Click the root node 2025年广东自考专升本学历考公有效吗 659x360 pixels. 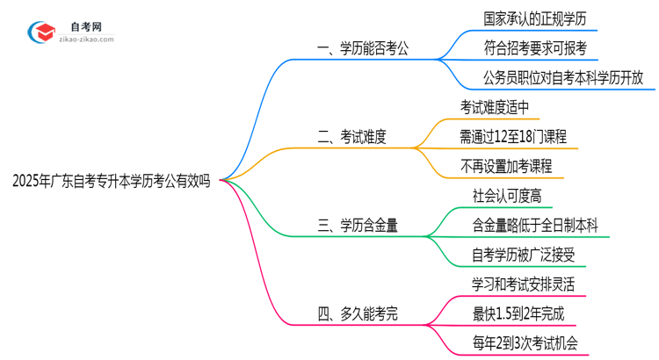(111, 182)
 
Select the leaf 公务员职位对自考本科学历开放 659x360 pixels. (563, 77)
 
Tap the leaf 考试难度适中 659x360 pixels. (495, 106)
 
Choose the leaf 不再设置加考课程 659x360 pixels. (507, 166)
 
